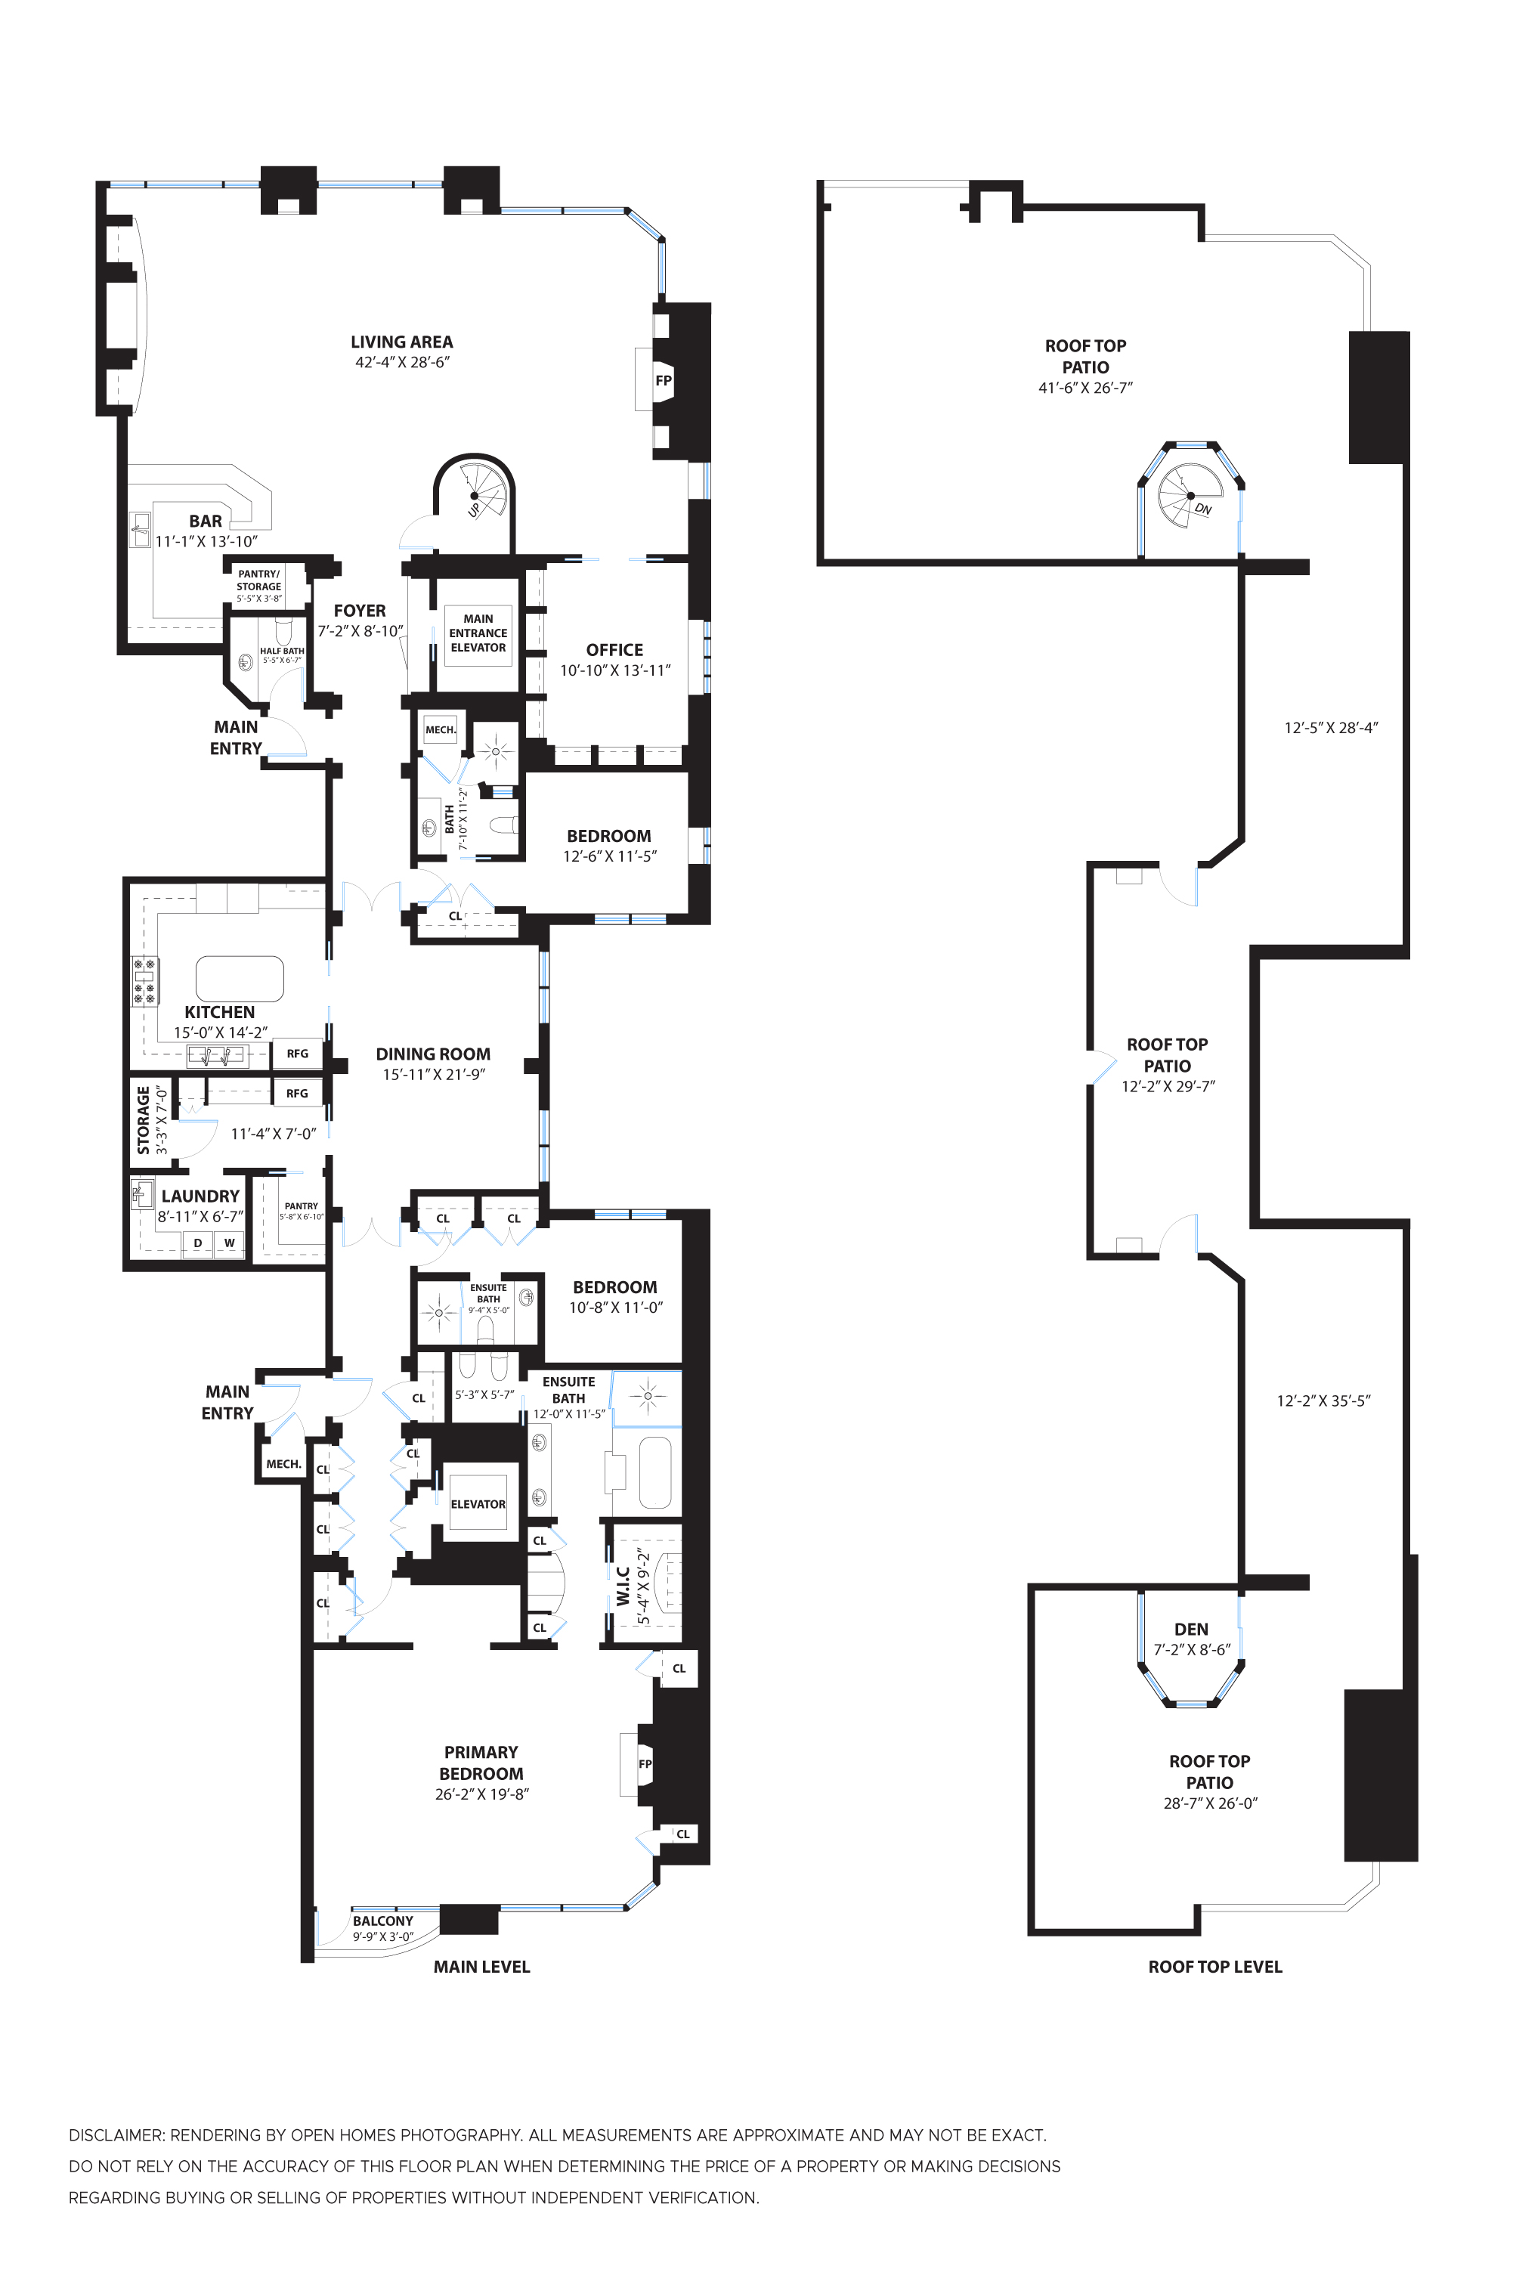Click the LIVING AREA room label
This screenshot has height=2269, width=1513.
[x=401, y=342]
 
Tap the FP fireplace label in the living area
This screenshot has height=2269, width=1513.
[x=663, y=380]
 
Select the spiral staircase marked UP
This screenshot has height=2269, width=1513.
[x=475, y=494]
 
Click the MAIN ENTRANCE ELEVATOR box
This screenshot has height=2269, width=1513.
[x=478, y=633]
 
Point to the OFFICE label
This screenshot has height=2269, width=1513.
[x=614, y=649]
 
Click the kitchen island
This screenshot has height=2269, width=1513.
[x=240, y=978]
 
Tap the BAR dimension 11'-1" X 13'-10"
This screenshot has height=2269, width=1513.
[x=206, y=541]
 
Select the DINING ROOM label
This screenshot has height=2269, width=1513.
[x=432, y=1054]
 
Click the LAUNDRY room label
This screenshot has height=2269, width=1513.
[x=200, y=1196]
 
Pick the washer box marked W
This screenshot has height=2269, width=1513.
[x=230, y=1243]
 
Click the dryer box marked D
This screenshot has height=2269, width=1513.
[x=198, y=1243]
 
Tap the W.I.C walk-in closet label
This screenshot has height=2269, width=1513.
[x=623, y=1586]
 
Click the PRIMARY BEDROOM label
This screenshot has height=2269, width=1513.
[x=481, y=1763]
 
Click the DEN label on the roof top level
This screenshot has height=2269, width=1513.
[x=1191, y=1629]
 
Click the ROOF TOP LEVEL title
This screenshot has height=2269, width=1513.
[x=1214, y=1967]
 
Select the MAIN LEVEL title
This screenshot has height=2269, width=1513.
[x=481, y=1967]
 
